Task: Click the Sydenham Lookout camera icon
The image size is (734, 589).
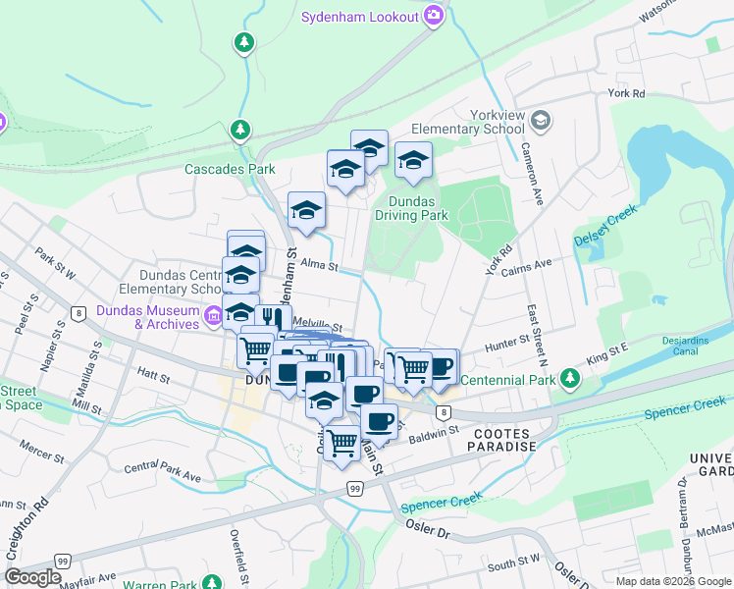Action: click(x=434, y=16)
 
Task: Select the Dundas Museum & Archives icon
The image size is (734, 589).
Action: click(x=213, y=316)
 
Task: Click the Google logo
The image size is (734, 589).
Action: click(x=32, y=577)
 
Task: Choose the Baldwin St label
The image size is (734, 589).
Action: click(x=434, y=430)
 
